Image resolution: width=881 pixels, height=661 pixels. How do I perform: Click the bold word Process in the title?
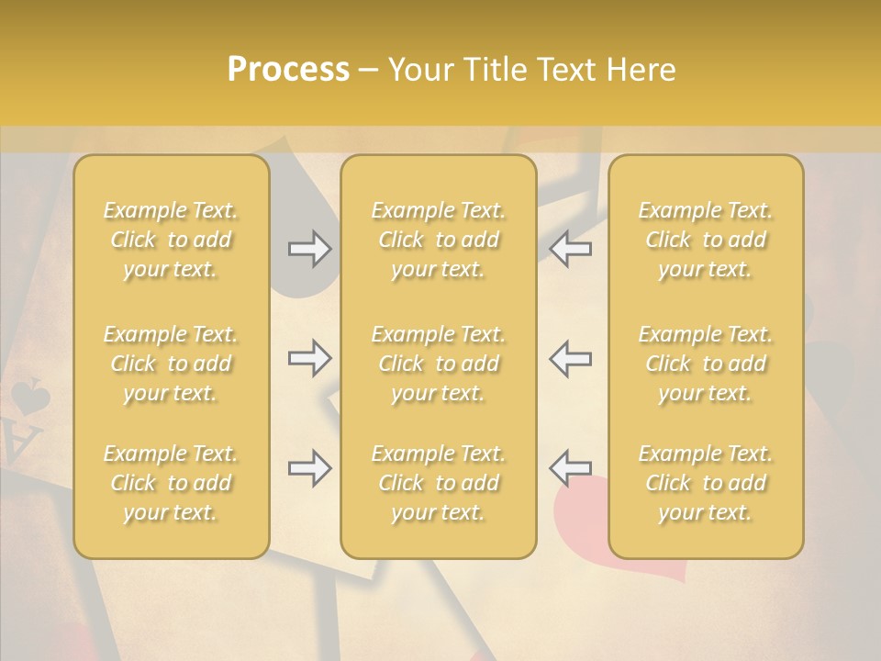288,70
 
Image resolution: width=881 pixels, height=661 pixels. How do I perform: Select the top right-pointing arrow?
309,249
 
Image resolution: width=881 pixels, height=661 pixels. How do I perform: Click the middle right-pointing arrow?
309,358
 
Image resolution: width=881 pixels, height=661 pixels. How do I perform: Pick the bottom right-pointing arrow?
309,468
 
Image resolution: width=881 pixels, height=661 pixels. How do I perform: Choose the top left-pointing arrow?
570,249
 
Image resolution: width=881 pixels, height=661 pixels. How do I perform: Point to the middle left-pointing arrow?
570,358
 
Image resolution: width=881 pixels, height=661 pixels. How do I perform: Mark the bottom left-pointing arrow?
570,468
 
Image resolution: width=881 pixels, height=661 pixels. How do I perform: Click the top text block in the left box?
171,240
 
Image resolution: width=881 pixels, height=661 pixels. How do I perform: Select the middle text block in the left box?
171,364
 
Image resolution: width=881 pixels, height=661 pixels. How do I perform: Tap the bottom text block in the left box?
171,483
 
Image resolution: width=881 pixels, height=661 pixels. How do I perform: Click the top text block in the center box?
439,240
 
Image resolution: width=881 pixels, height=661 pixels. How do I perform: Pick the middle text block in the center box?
439,364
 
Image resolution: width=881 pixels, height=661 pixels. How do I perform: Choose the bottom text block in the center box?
439,483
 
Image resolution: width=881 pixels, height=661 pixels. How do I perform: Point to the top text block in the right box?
706,240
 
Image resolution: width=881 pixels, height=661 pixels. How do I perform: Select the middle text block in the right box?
706,364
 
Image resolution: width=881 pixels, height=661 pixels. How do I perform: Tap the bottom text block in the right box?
706,483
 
